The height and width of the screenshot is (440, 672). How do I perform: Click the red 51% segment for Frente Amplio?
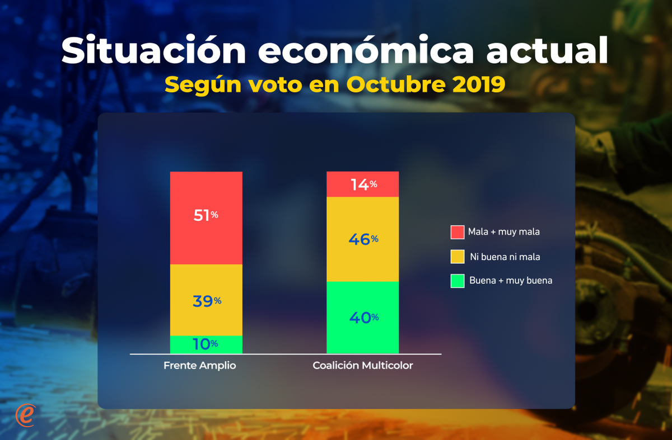[x=206, y=217]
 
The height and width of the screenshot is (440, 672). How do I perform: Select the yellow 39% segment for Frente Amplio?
[x=206, y=300]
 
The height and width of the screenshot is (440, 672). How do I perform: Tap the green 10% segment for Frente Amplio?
[x=206, y=344]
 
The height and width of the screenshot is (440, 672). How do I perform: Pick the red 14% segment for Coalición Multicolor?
[x=363, y=184]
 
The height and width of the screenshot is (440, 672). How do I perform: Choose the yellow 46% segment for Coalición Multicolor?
[x=363, y=239]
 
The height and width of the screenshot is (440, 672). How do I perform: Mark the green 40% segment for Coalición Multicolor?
[x=363, y=317]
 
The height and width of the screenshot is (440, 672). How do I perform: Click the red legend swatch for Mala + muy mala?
[x=458, y=232]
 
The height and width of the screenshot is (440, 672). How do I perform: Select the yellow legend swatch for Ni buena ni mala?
[x=458, y=257]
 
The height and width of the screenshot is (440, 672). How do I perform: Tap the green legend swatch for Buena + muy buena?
[x=458, y=281]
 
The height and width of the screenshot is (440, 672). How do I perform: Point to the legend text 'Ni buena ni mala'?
[x=505, y=257]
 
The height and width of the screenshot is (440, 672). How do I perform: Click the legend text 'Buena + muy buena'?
[x=511, y=281]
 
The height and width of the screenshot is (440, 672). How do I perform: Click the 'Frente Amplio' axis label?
[x=200, y=366]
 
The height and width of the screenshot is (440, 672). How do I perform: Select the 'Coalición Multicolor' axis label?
[x=363, y=366]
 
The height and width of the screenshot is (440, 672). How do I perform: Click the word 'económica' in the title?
[x=367, y=51]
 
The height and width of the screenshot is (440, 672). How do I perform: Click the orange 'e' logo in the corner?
[x=26, y=415]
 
